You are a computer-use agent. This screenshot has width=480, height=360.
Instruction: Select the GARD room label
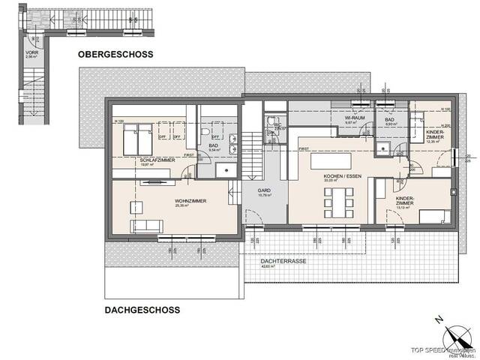pyautogui.click(x=263, y=191)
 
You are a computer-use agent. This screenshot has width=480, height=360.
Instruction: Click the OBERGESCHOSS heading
pyautogui.click(x=115, y=55)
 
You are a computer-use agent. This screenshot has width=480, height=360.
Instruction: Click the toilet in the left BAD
pyautogui.click(x=205, y=133)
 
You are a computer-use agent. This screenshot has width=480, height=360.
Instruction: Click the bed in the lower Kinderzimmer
pyautogui.click(x=433, y=217)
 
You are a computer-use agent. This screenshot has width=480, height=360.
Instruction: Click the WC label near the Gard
pyautogui.click(x=277, y=124)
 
